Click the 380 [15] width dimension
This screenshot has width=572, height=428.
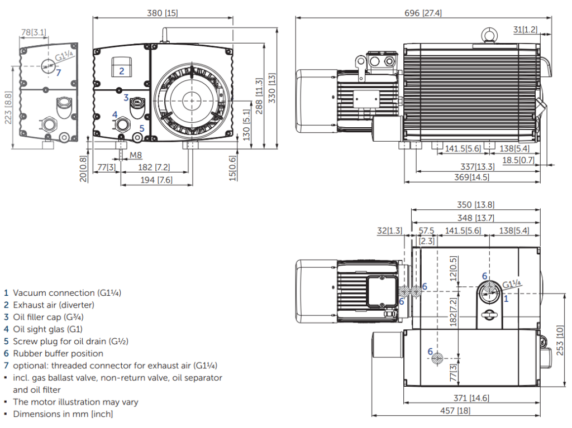(163, 12)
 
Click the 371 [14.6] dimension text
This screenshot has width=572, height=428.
(471, 398)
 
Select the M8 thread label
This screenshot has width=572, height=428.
(136, 155)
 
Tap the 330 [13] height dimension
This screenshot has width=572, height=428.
(272, 88)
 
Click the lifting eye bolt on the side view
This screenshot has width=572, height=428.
(490, 36)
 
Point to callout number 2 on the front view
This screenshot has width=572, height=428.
(121, 71)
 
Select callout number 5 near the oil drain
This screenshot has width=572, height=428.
(142, 128)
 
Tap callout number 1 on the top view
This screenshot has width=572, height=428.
(506, 299)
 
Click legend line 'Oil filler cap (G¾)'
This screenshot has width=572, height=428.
(48, 317)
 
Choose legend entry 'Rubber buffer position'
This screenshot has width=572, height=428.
(58, 353)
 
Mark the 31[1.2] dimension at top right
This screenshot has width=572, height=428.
(526, 29)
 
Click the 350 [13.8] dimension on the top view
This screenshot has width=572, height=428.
(475, 205)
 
